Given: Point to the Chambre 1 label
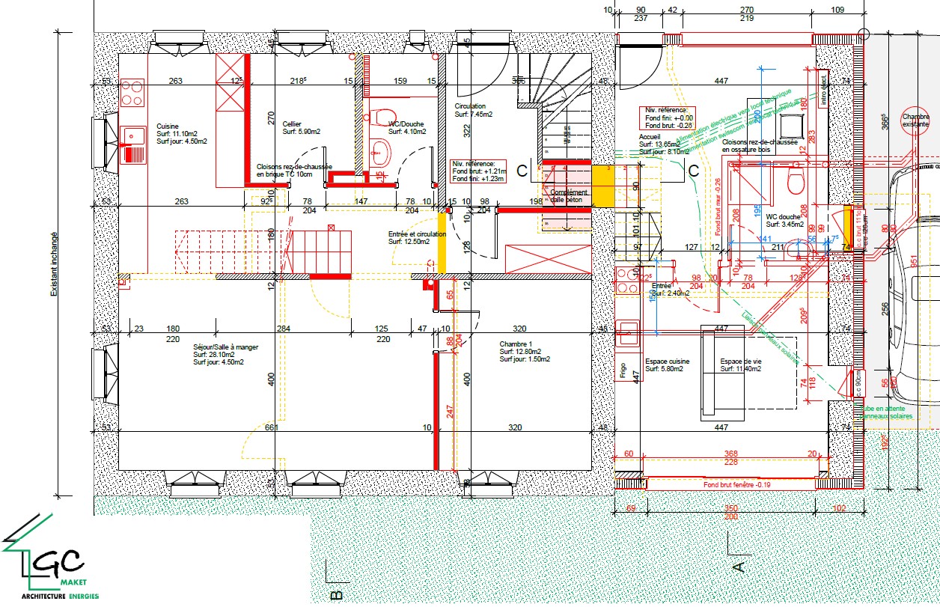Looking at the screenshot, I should pyautogui.click(x=516, y=344).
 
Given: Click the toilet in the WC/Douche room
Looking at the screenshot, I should pyautogui.click(x=379, y=118).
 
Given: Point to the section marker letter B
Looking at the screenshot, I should pyautogui.click(x=336, y=595).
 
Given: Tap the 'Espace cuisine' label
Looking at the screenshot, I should pyautogui.click(x=667, y=362).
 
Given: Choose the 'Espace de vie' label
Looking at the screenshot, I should pyautogui.click(x=740, y=362).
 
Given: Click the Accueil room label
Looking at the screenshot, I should pyautogui.click(x=650, y=138).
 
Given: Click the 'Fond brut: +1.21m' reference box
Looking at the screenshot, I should pyautogui.click(x=478, y=171).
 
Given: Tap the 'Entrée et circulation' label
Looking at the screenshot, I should pyautogui.click(x=417, y=234).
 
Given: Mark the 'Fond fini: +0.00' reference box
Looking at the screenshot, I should pyautogui.click(x=667, y=118).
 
